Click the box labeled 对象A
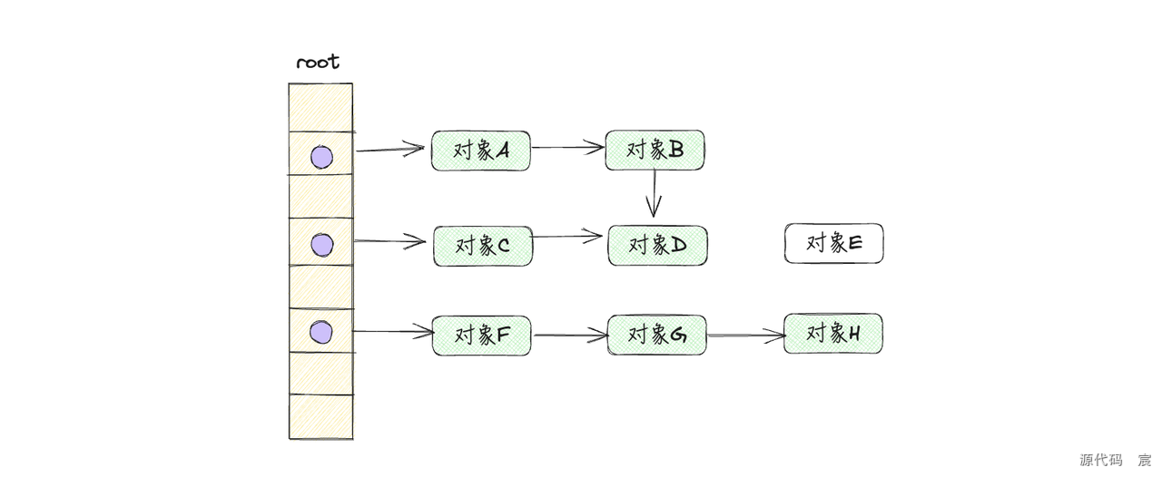pos(480,151)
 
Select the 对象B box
pos(655,150)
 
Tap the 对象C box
pos(483,246)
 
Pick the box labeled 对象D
pos(657,246)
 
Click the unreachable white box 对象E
pos(833,243)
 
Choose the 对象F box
pos(481,336)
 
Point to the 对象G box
pos(656,335)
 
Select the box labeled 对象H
pos(832,334)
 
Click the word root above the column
pos(318,63)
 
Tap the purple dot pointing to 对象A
pos(321,158)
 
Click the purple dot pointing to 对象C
pos(321,245)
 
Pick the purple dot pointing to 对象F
pos(320,333)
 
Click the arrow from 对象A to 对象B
pos(567,147)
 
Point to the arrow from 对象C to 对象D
pos(568,237)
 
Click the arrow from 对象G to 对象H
pos(744,336)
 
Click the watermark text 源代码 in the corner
pos(1100,460)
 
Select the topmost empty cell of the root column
pos(320,108)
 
